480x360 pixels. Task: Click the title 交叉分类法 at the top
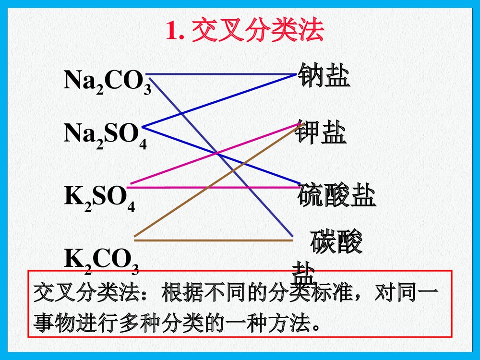pyautogui.click(x=258, y=32)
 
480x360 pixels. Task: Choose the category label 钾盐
pyautogui.click(x=321, y=132)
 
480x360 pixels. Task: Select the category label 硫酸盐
pyautogui.click(x=336, y=195)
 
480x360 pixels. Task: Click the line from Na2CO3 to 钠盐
pyautogui.click(x=221, y=74)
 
